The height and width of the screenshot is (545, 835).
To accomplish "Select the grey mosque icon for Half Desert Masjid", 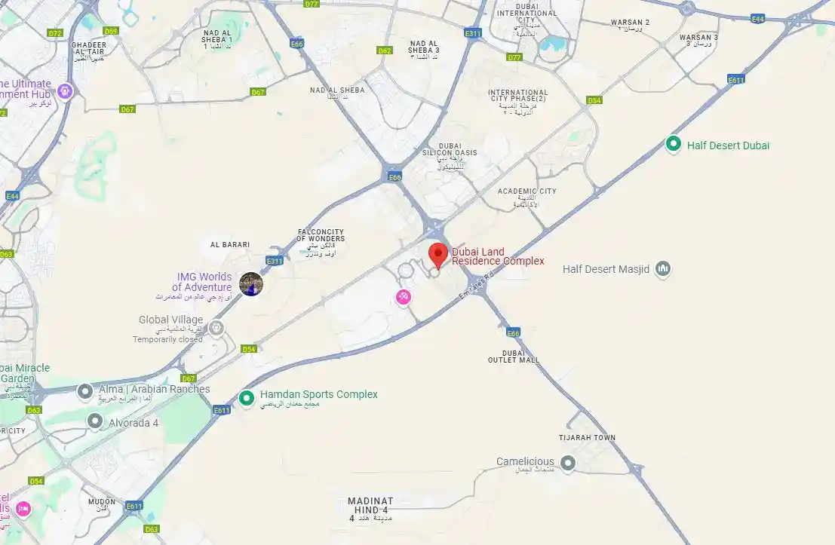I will [663, 269].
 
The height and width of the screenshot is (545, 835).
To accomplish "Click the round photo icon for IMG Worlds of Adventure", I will [251, 284].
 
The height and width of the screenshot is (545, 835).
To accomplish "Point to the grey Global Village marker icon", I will [216, 328].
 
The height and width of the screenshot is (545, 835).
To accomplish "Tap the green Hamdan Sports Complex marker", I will [246, 398].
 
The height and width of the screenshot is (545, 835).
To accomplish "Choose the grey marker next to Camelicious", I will [568, 462].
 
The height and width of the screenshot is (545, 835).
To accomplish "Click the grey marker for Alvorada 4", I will [95, 421].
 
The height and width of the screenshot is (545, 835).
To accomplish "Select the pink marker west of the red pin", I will [404, 297].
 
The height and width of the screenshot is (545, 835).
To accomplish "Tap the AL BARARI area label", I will [230, 245].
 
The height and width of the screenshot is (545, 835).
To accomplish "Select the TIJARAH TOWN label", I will [587, 438].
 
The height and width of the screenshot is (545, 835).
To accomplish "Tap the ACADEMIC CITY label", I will [527, 191].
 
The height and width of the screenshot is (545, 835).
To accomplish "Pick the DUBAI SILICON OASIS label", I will [450, 149].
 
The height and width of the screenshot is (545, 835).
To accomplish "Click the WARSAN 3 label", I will [698, 38].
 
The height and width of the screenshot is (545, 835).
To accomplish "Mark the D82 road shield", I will [385, 51].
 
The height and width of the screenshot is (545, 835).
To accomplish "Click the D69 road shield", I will [112, 31].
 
